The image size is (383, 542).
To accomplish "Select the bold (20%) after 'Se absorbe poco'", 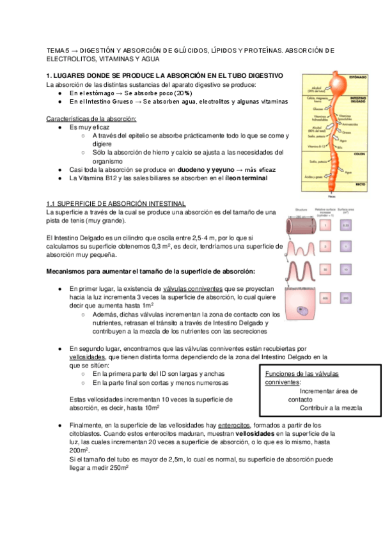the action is click(158, 93).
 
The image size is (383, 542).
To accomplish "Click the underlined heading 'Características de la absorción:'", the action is click(91, 119).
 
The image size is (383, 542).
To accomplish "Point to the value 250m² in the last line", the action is click(118, 467).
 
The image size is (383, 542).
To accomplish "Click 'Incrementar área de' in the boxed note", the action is click(329, 391).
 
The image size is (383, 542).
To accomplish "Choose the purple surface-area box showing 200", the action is click(345, 298).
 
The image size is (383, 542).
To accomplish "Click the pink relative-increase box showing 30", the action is click(325, 270).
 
